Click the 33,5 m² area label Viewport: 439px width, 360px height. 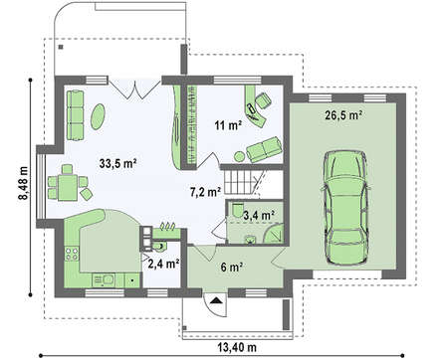point(118,163)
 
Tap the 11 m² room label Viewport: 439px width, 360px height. point(228,125)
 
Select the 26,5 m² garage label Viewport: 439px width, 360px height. point(343,115)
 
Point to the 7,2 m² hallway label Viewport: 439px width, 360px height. point(206,192)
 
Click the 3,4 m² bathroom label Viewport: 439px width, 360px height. point(259,215)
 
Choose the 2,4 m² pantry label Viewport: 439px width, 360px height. point(164,264)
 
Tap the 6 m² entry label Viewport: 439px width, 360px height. point(231,267)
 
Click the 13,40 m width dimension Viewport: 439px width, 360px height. point(237,347)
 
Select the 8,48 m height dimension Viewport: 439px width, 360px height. point(23,182)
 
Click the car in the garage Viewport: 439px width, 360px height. point(345,208)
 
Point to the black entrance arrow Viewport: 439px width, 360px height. point(216,300)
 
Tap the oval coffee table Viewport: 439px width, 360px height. point(98,116)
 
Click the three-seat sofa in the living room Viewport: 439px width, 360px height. point(76,114)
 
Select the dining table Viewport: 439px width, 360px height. point(68,187)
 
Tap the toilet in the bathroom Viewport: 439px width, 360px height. point(237,209)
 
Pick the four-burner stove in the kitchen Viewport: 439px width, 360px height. point(72,254)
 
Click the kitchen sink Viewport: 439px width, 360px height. point(104,280)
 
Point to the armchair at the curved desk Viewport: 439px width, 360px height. point(263,99)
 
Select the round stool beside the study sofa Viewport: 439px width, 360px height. point(239,156)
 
